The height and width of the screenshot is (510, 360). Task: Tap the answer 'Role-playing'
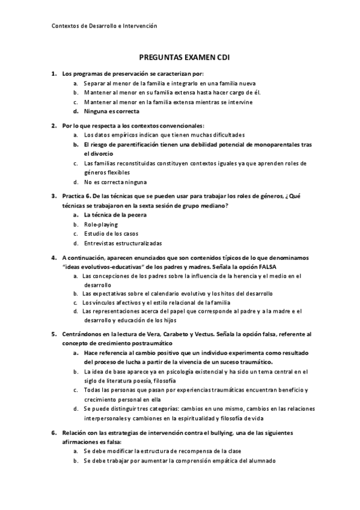point(101,224)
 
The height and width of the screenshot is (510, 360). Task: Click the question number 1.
point(53,73)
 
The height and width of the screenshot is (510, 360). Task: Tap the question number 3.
point(53,195)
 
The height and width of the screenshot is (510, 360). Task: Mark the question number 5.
point(53,333)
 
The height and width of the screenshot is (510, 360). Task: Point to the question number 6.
point(53,432)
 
